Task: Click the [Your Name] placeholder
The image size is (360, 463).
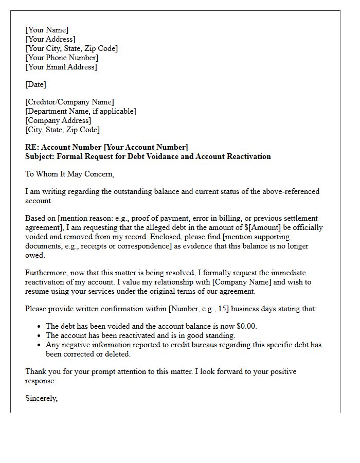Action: (47, 30)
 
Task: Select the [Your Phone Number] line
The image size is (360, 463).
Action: (62, 58)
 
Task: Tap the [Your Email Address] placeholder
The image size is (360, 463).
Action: (61, 67)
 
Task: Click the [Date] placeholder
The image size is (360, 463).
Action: (35, 84)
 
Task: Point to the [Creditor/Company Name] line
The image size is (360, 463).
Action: (69, 102)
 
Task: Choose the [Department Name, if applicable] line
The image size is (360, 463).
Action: (81, 111)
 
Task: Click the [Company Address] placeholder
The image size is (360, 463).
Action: (58, 120)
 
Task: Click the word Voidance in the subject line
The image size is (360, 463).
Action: (160, 156)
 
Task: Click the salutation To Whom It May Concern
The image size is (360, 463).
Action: (69, 174)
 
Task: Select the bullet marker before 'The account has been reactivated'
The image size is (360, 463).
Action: (40, 335)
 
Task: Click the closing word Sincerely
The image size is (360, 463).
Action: (41, 398)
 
